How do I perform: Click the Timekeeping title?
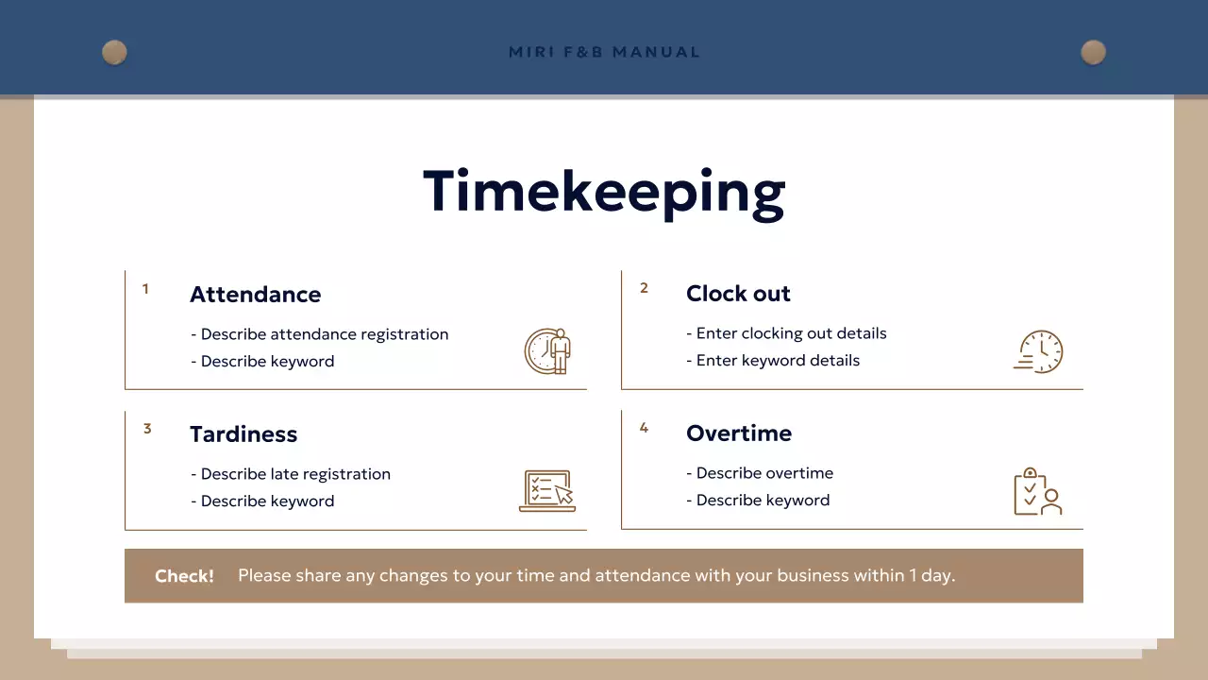click(604, 192)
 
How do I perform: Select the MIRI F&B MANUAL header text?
click(604, 52)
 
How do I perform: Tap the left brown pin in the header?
click(114, 52)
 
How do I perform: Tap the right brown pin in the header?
click(1093, 52)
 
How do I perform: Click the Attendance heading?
click(255, 295)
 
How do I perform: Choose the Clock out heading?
click(738, 294)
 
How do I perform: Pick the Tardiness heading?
click(243, 434)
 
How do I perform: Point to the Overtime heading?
click(739, 433)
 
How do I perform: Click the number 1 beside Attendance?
click(145, 289)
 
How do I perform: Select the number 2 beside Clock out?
click(644, 288)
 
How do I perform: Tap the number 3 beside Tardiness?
click(147, 429)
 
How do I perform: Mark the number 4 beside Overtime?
click(644, 428)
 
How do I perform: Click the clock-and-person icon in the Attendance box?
click(548, 351)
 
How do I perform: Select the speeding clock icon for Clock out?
click(1038, 351)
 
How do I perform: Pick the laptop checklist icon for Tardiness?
click(547, 491)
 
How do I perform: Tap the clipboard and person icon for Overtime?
click(1037, 491)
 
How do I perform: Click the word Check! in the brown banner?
click(184, 576)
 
